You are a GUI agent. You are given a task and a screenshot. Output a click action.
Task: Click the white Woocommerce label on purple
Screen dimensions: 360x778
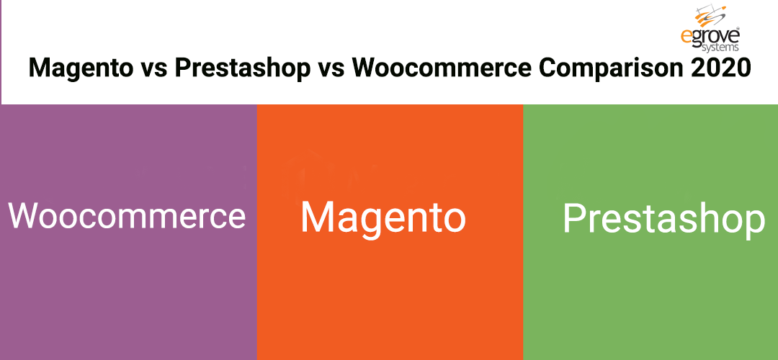pos(128,215)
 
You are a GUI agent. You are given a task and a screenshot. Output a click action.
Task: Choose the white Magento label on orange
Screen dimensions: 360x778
pos(383,217)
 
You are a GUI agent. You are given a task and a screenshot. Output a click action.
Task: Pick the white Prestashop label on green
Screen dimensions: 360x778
pos(663,218)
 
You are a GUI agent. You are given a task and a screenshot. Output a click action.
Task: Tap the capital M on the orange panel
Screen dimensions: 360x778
pos(317,217)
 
